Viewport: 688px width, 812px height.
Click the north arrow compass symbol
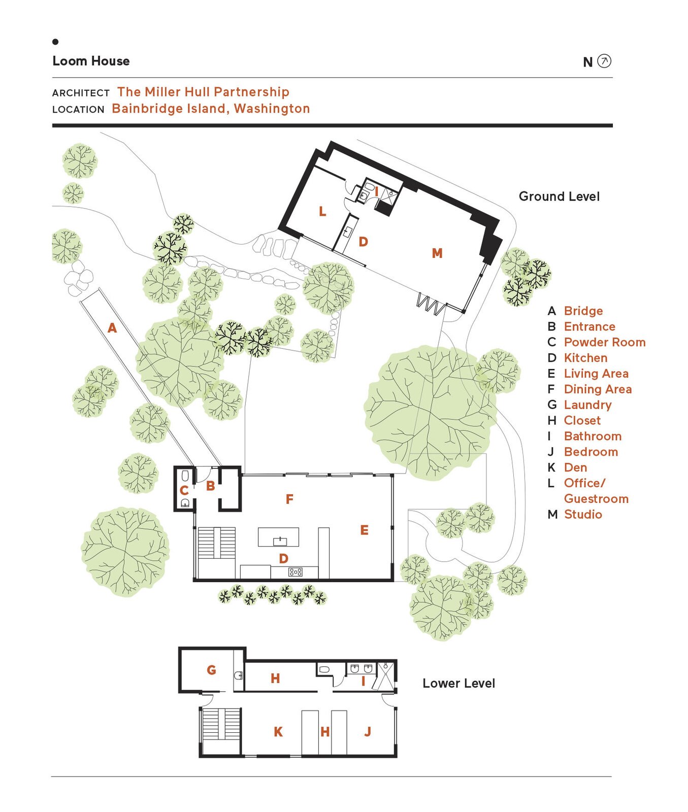tap(604, 61)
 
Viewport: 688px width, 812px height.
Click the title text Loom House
tap(91, 61)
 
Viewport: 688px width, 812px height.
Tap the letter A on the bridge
tap(112, 328)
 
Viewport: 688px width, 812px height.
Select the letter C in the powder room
tap(184, 491)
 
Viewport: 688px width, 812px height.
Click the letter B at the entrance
tap(210, 486)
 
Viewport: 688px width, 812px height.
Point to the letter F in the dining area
tap(289, 499)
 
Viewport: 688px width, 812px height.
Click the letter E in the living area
tap(364, 530)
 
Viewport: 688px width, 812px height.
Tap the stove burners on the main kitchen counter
tap(295, 572)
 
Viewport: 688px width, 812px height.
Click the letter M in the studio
tap(437, 253)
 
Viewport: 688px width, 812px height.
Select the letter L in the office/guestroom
tap(322, 212)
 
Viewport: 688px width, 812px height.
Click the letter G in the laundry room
tap(211, 670)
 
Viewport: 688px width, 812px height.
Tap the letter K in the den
tap(278, 732)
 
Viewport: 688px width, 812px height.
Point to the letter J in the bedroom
tap(368, 731)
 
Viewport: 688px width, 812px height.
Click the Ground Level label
tap(559, 196)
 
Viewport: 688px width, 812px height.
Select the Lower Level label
tap(458, 683)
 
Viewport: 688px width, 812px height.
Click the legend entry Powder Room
tap(604, 342)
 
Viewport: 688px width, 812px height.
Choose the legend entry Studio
tap(582, 514)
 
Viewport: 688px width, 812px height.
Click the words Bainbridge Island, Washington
tap(211, 109)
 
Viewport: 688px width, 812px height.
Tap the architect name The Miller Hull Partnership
tap(203, 92)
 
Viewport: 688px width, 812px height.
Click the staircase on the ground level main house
tap(216, 543)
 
